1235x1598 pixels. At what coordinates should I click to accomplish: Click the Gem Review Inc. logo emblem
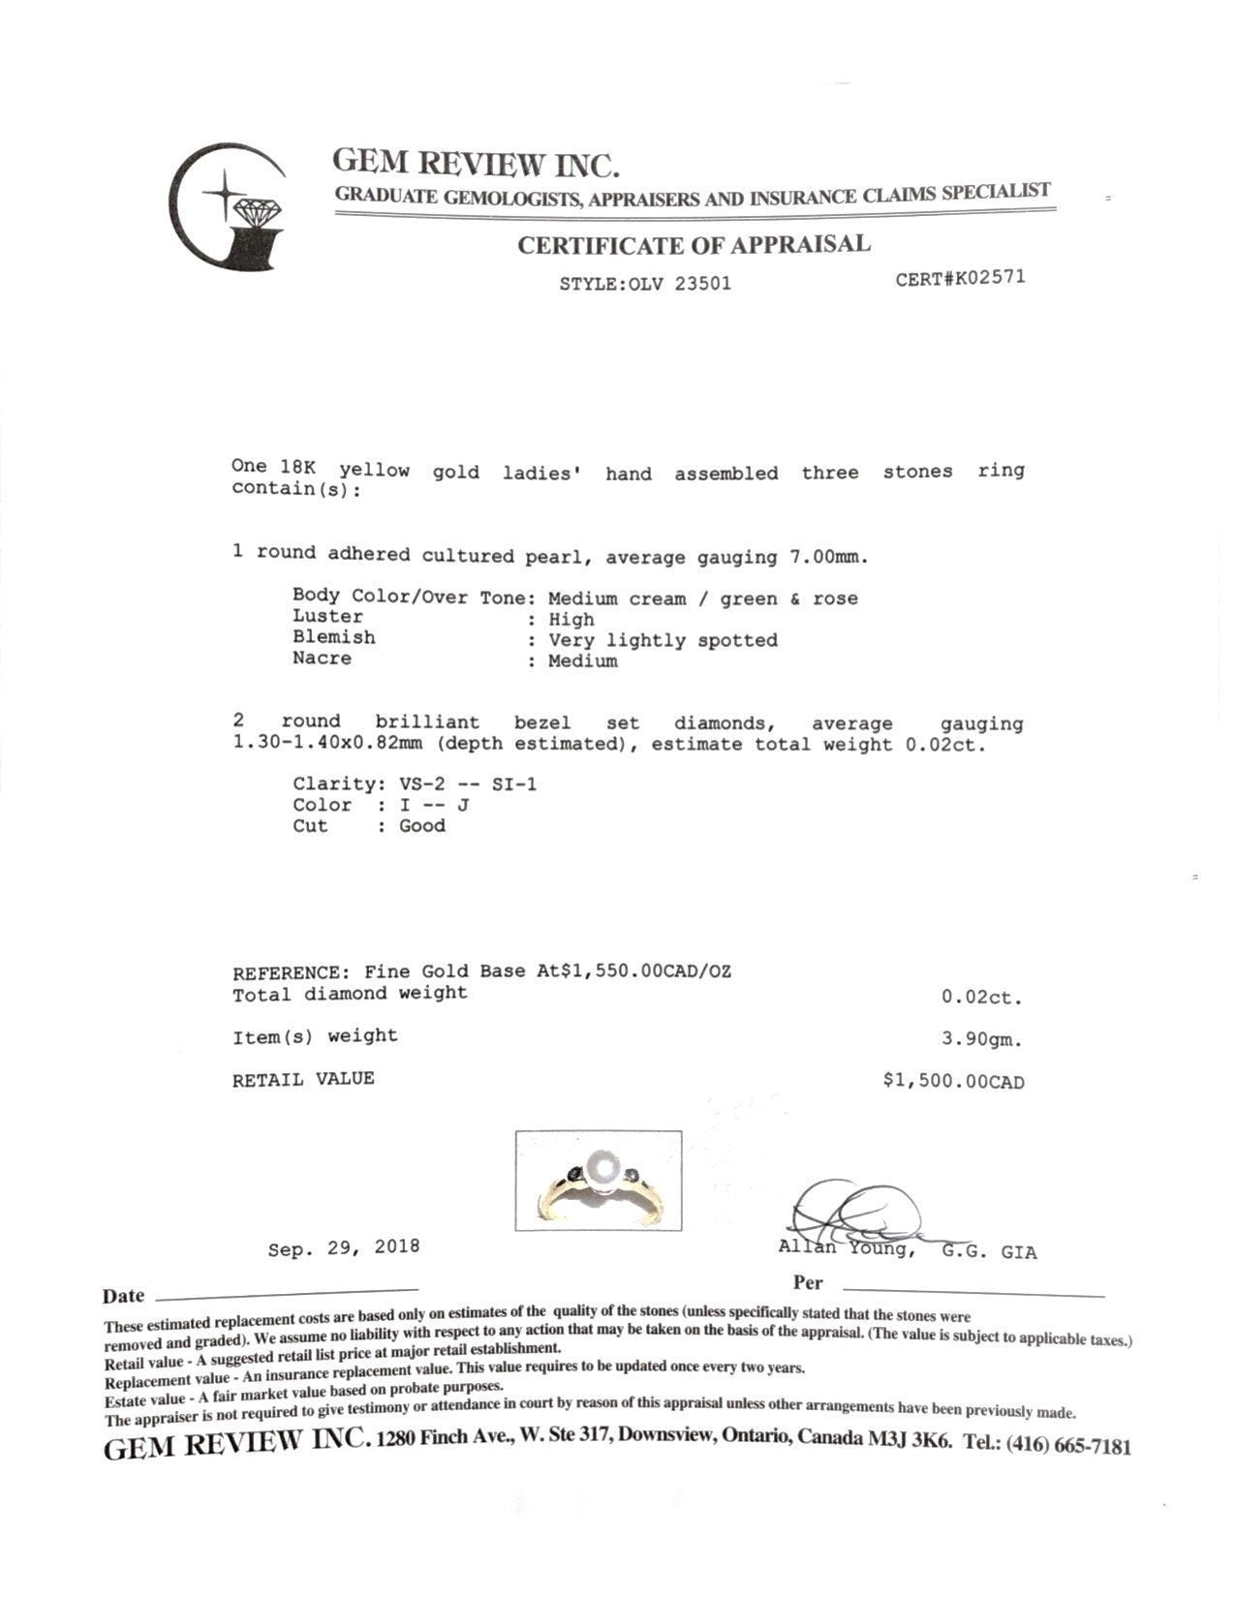pos(229,207)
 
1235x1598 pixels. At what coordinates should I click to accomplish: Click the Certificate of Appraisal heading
pos(694,245)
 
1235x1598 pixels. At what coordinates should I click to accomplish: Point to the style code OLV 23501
pos(678,284)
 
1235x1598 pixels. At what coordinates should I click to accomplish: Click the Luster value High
pos(571,620)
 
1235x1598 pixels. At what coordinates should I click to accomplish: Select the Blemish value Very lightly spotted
pos(663,640)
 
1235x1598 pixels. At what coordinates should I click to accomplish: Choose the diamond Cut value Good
pos(422,826)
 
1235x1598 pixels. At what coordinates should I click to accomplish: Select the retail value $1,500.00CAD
pos(953,1082)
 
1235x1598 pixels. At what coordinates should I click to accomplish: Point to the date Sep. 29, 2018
pos(344,1247)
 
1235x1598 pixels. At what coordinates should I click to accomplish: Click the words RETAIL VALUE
pos(303,1079)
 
